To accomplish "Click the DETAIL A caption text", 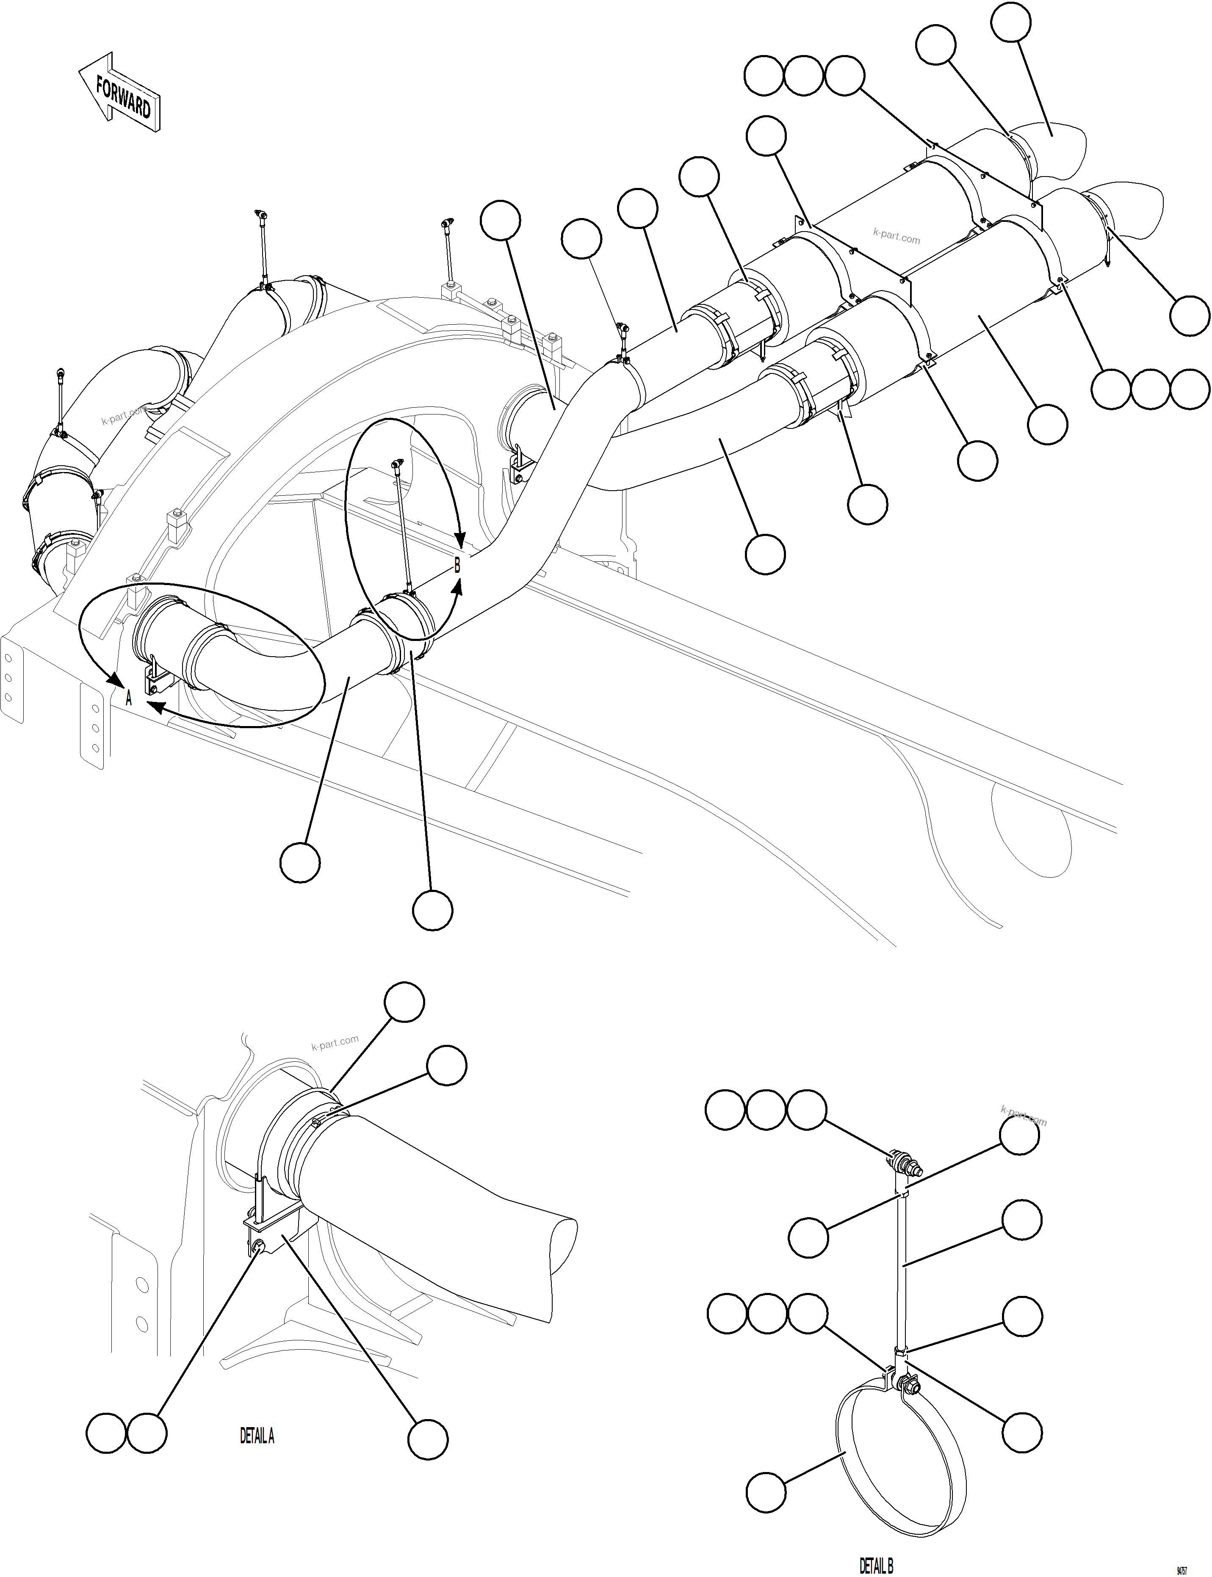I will tap(257, 1436).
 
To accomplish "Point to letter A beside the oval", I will tap(129, 698).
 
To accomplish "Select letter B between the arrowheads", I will tap(457, 566).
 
